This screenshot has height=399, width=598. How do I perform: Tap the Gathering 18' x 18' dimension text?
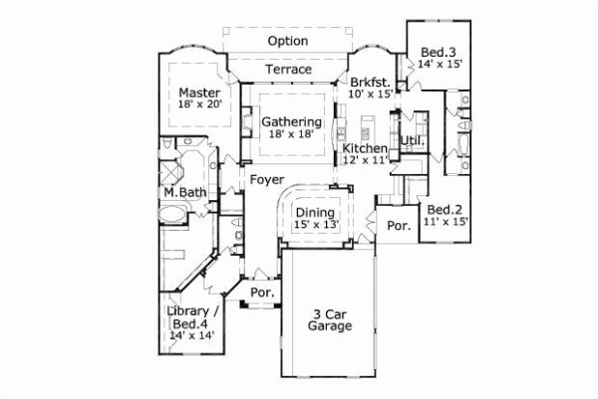click(x=291, y=135)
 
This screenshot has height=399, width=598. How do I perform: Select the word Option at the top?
click(x=288, y=41)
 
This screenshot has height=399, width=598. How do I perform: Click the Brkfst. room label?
click(x=370, y=82)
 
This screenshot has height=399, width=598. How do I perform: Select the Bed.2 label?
click(x=445, y=210)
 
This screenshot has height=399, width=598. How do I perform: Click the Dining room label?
click(x=314, y=212)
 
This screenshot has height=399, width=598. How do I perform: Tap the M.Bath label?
click(x=184, y=192)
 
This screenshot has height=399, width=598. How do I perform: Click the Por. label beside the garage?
click(x=263, y=293)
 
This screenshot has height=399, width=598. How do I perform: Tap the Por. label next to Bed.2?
click(x=399, y=226)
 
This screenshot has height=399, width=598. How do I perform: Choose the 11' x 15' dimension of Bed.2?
click(x=445, y=223)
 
